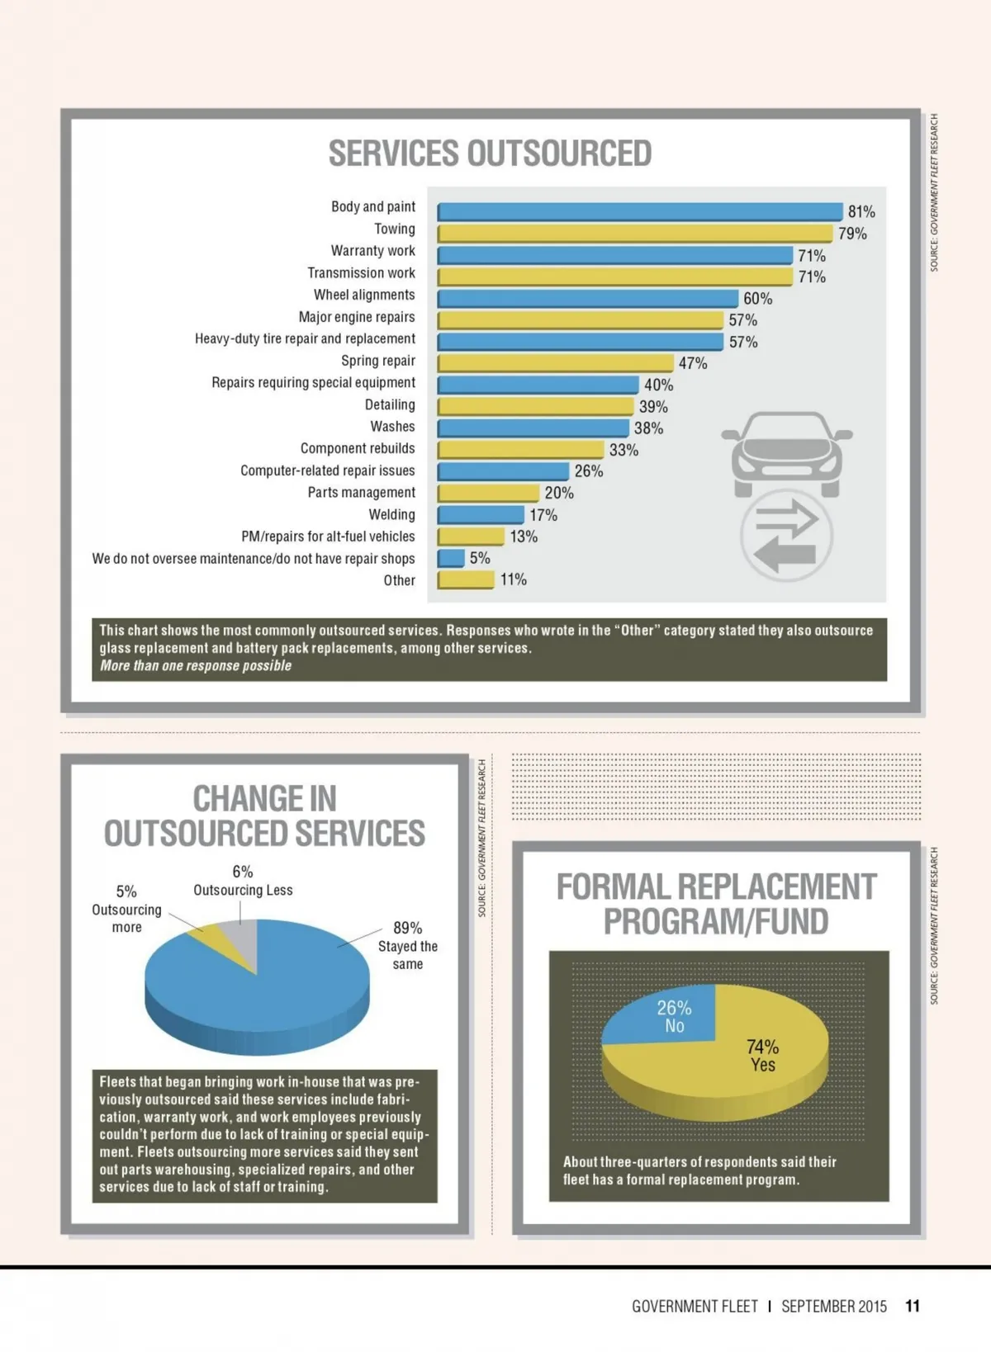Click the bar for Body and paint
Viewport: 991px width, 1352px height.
pos(640,212)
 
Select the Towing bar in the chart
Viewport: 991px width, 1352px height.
pos(634,234)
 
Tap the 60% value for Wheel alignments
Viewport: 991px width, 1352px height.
pos(757,299)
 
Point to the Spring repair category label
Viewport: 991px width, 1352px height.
pos(378,361)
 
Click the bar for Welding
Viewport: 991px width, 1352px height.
pos(481,515)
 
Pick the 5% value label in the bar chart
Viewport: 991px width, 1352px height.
pos(480,558)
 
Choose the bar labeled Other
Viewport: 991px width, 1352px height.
pos(466,579)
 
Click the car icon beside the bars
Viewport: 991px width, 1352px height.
pos(786,453)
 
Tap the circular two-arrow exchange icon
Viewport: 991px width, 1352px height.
pos(786,536)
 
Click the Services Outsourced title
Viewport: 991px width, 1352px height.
pos(490,154)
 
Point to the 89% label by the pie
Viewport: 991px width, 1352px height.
pos(407,928)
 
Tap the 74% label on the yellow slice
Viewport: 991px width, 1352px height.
pos(762,1047)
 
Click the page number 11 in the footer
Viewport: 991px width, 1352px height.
pos(912,1306)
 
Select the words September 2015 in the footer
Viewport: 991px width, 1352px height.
pos(833,1306)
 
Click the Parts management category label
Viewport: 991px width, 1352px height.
pos(361,493)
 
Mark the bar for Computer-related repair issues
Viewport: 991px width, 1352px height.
pos(503,471)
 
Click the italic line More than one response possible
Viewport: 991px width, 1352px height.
pos(196,666)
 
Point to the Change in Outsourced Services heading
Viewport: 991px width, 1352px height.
pos(264,816)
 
